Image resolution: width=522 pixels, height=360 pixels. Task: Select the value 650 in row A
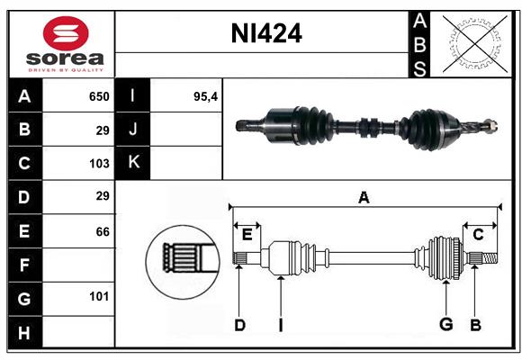(x=98, y=96)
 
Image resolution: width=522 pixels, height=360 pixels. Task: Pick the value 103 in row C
(x=98, y=164)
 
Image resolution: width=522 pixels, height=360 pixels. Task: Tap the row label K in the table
(x=133, y=163)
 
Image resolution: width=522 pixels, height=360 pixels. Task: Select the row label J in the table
(x=133, y=130)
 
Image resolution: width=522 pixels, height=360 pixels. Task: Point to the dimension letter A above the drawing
(x=364, y=198)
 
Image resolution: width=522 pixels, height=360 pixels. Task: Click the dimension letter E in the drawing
(x=247, y=235)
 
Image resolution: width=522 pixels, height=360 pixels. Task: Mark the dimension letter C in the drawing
(x=479, y=235)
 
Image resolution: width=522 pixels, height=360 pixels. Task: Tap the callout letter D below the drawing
(x=239, y=325)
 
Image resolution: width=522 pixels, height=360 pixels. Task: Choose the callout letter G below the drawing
(x=445, y=325)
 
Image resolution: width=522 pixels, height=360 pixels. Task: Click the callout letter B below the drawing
(x=475, y=325)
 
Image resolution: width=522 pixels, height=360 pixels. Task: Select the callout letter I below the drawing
(x=280, y=325)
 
